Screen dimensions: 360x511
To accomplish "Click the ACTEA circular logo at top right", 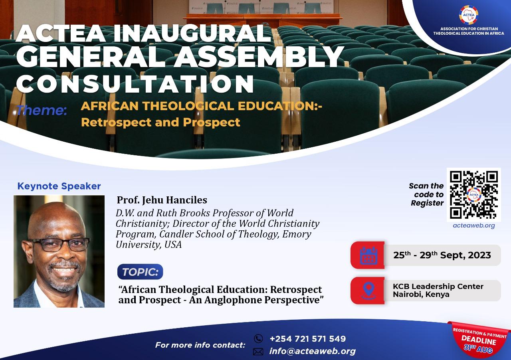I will click(x=468, y=16).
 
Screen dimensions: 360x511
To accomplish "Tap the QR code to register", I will click(x=474, y=194).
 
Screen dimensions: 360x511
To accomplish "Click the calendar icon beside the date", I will click(x=368, y=255).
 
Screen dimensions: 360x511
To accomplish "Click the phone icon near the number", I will click(x=258, y=338).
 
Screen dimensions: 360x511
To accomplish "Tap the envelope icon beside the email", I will click(x=258, y=352).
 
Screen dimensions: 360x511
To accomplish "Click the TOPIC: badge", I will click(x=140, y=272).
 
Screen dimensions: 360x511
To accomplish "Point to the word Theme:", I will click(x=42, y=110).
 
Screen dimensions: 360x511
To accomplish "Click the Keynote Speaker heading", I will click(x=59, y=186).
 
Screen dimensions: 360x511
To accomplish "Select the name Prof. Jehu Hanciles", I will click(x=162, y=200).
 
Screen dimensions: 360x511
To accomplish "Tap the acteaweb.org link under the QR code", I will click(x=474, y=225).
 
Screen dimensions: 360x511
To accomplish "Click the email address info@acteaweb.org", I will click(x=313, y=351).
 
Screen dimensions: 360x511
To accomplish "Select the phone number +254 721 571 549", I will click(x=308, y=339).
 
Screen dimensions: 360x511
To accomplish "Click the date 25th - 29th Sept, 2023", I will click(x=442, y=255).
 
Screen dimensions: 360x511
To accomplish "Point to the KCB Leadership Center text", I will click(x=438, y=287).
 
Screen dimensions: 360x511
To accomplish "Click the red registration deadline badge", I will click(x=479, y=339).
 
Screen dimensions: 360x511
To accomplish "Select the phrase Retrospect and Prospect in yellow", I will click(x=160, y=122).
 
